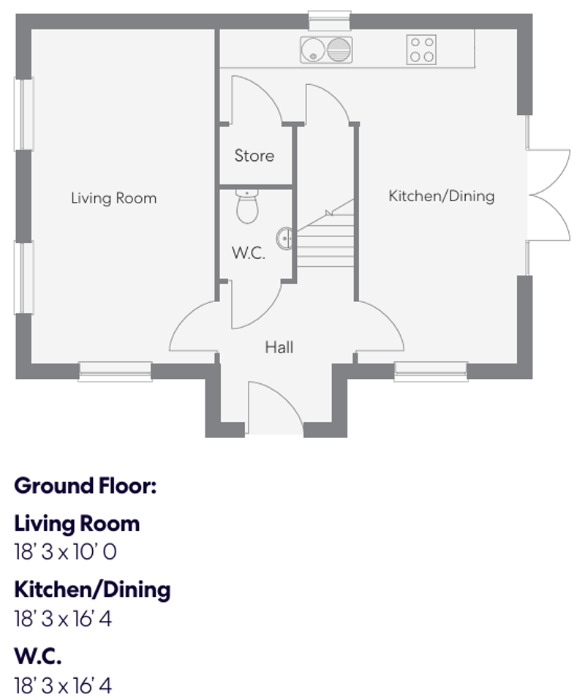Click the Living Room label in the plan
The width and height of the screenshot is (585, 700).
tap(113, 198)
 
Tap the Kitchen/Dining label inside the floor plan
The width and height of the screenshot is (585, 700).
tap(441, 196)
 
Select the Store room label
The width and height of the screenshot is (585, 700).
tap(254, 156)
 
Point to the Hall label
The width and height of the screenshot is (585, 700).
tap(279, 347)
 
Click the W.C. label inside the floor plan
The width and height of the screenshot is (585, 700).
tap(248, 255)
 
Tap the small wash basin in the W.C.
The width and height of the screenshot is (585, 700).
tap(285, 237)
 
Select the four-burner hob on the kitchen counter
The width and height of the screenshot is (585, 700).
tap(422, 50)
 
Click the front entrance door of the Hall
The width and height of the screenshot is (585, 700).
tap(273, 410)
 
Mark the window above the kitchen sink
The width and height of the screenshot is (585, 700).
tap(329, 20)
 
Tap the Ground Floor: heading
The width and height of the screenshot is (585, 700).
tap(86, 486)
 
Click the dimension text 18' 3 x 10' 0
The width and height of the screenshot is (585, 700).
tap(65, 552)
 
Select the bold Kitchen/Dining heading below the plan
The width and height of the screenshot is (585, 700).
tap(92, 590)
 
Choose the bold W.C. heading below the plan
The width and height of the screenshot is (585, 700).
tap(38, 656)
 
